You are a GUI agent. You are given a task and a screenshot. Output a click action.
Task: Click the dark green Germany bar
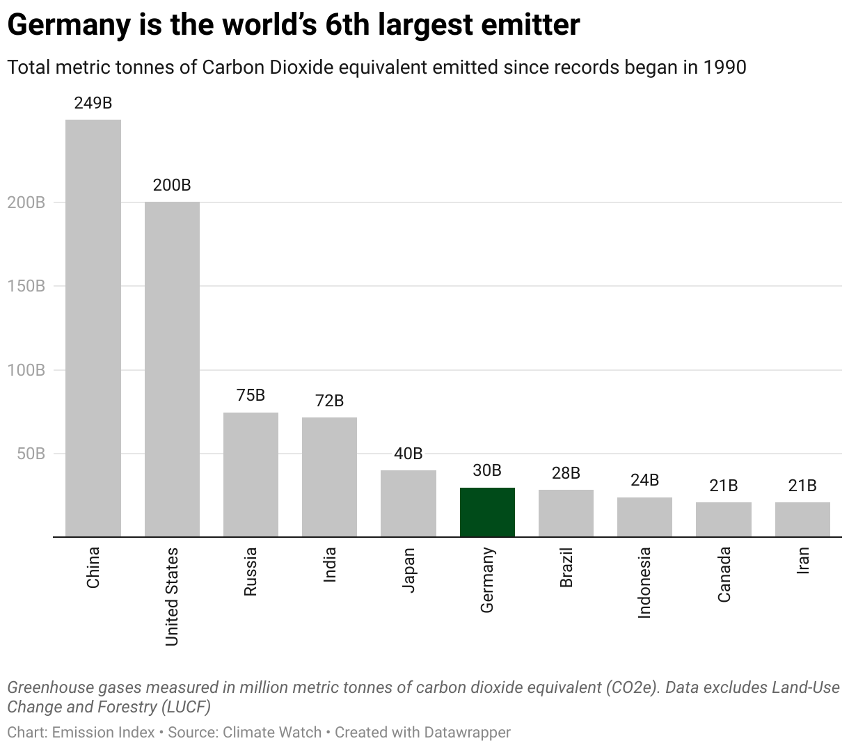pos(487,512)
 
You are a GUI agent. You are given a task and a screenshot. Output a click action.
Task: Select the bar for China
pos(93,328)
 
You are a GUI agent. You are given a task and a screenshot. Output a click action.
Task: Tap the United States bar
pos(172,369)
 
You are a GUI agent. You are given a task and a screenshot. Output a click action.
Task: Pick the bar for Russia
pos(251,474)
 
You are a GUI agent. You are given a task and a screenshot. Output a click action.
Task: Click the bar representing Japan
pos(408,503)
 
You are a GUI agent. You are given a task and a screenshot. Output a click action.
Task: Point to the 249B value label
pos(93,103)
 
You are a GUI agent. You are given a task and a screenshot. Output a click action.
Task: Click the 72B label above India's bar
pos(329,401)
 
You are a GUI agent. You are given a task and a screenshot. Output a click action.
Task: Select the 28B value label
pos(566,473)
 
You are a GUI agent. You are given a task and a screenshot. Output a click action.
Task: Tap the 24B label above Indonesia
pos(644,480)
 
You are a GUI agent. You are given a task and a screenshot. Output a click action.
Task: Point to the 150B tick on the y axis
pos(26,286)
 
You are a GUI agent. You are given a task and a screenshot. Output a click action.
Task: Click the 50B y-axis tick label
pos(31,454)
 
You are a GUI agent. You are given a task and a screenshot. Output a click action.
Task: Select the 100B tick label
pos(26,370)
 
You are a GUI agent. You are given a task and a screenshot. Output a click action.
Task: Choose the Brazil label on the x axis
pos(566,568)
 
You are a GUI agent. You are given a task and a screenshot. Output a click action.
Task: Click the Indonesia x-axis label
pos(644,582)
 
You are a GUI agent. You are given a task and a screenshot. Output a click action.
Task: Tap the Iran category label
pos(802,559)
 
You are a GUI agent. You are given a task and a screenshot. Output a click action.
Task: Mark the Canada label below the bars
pos(724,575)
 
